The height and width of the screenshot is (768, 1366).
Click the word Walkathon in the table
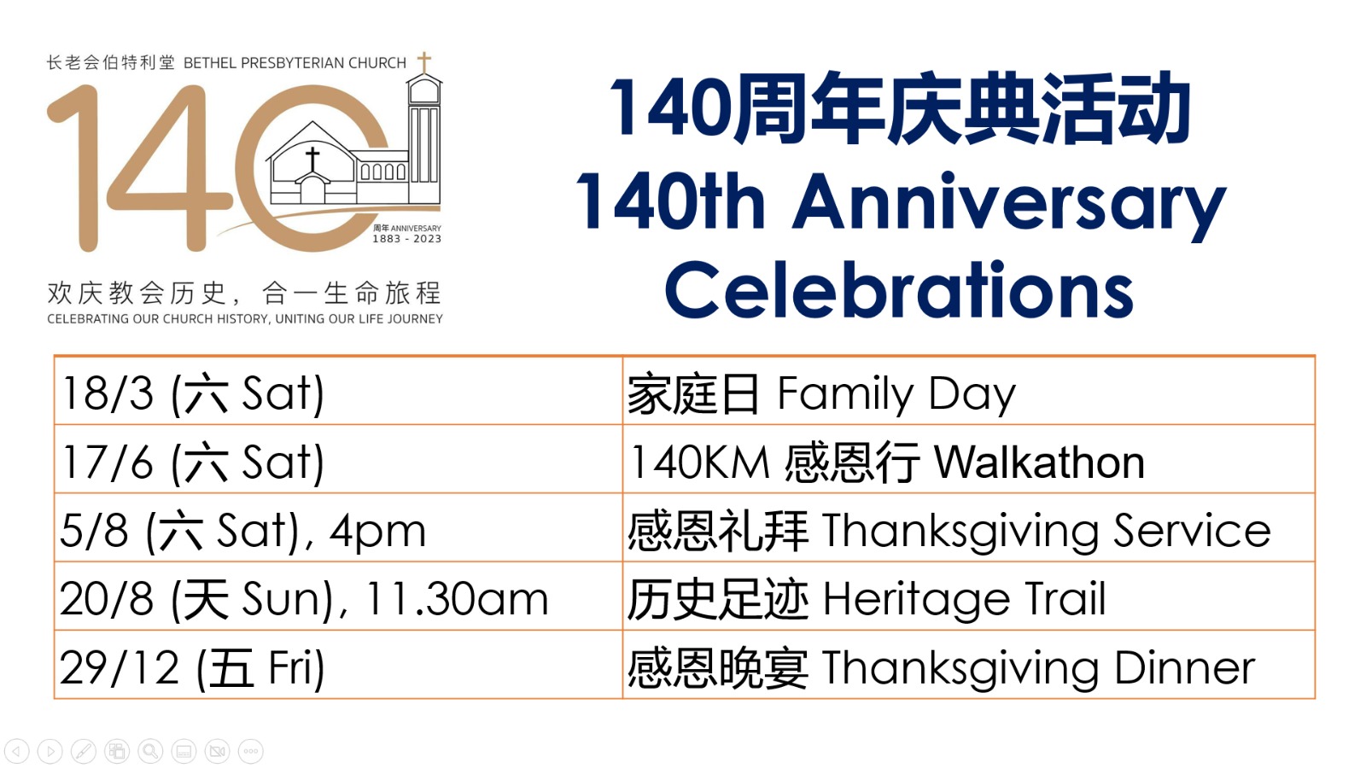click(x=1039, y=463)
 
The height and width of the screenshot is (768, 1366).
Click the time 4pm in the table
click(x=377, y=532)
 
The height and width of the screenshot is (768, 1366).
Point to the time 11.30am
click(x=457, y=598)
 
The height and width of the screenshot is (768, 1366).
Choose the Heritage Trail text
click(x=964, y=598)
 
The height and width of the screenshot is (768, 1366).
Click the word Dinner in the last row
click(x=1185, y=668)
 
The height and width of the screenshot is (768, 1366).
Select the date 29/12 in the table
click(x=120, y=668)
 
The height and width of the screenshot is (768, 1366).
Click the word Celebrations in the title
click(x=899, y=291)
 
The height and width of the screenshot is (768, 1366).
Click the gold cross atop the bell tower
click(x=424, y=62)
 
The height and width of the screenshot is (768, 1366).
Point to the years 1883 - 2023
click(x=406, y=239)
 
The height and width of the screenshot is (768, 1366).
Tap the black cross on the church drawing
click(x=312, y=158)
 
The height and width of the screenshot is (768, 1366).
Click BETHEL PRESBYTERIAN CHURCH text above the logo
click(x=295, y=63)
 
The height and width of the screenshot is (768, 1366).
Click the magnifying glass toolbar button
click(x=150, y=751)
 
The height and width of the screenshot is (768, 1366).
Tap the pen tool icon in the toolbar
click(x=84, y=751)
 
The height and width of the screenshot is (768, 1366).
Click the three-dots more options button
click(x=251, y=751)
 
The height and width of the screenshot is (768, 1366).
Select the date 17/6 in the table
click(x=108, y=463)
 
